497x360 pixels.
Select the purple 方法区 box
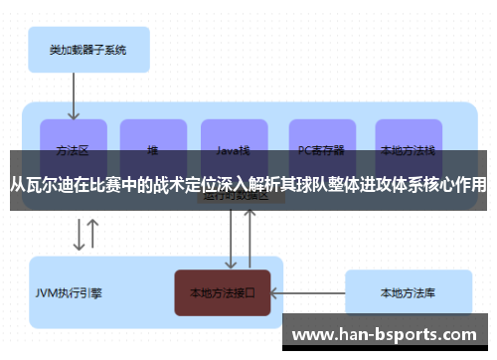(x=74, y=139)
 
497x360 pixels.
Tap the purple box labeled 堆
(x=153, y=139)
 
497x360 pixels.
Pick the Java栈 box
(x=234, y=139)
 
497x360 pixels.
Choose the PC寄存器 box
(x=321, y=139)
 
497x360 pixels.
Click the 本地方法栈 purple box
(x=408, y=139)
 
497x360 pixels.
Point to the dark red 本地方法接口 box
(x=223, y=293)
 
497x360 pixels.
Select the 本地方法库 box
(x=408, y=293)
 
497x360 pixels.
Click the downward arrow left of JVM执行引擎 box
(x=78, y=236)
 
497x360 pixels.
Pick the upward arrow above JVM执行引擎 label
(x=93, y=236)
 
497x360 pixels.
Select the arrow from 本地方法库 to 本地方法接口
(x=307, y=293)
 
